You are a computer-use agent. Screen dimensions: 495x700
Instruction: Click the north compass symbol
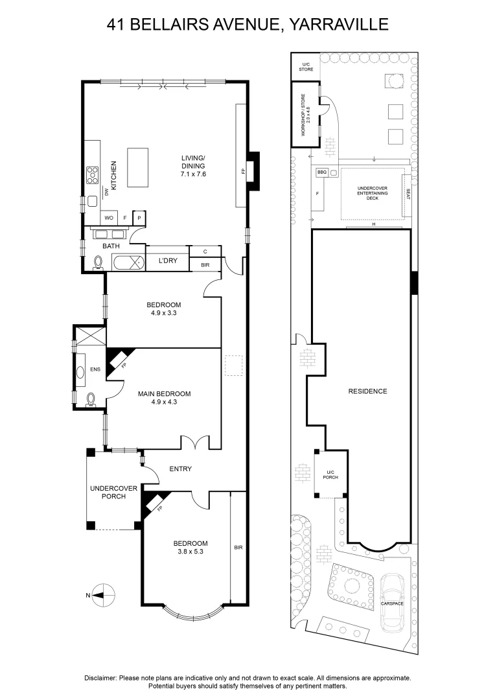[103, 594]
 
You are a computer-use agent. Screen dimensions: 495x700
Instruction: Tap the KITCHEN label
[113, 176]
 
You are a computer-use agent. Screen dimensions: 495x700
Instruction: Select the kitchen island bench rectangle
[137, 167]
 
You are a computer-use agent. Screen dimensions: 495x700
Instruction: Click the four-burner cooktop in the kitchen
[93, 175]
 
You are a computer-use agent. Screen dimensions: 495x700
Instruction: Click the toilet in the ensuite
[91, 399]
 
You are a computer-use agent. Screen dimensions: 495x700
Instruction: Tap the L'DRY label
[168, 261]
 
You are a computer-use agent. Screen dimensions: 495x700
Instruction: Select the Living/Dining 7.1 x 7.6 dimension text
[193, 174]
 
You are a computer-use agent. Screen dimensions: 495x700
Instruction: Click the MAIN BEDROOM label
[165, 394]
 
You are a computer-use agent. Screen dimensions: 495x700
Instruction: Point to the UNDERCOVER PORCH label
[114, 493]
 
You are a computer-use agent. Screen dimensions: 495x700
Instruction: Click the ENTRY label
[181, 469]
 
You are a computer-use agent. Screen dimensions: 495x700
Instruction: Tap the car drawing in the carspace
[391, 603]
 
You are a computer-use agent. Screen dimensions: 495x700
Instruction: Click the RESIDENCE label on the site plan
[368, 391]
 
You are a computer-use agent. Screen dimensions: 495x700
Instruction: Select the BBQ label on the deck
[322, 172]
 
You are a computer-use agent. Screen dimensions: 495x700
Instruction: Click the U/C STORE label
[306, 67]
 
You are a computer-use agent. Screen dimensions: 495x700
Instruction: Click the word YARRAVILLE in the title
[340, 25]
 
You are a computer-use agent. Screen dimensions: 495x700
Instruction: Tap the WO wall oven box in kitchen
[109, 218]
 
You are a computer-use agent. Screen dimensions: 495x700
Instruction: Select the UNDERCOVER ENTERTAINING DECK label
[373, 193]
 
